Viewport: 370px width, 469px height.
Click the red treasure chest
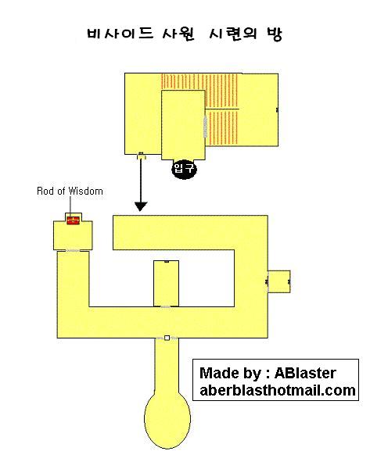coord(73,220)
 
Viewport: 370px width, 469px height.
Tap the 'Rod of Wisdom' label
coord(70,191)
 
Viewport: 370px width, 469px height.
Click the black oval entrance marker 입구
coord(184,169)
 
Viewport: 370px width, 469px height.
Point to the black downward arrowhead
coord(141,206)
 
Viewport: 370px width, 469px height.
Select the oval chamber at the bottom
coord(167,420)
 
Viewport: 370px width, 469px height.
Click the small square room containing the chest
coord(73,235)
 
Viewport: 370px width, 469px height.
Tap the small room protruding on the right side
coord(279,281)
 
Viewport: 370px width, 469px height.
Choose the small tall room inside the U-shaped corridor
coord(166,283)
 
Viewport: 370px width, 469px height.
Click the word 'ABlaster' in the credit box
coord(305,373)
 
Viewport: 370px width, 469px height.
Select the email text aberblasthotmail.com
coord(278,390)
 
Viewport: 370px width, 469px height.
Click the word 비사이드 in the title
coord(120,33)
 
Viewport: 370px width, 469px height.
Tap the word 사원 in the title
coord(178,34)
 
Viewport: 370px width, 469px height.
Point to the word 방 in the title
coord(275,34)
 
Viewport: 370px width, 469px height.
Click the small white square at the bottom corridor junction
coord(167,338)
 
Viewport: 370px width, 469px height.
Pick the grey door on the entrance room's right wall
coord(206,126)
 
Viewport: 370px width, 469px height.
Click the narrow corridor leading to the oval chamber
coord(167,366)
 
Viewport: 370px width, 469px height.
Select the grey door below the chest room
coord(73,250)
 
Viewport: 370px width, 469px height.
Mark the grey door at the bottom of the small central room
coord(165,307)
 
